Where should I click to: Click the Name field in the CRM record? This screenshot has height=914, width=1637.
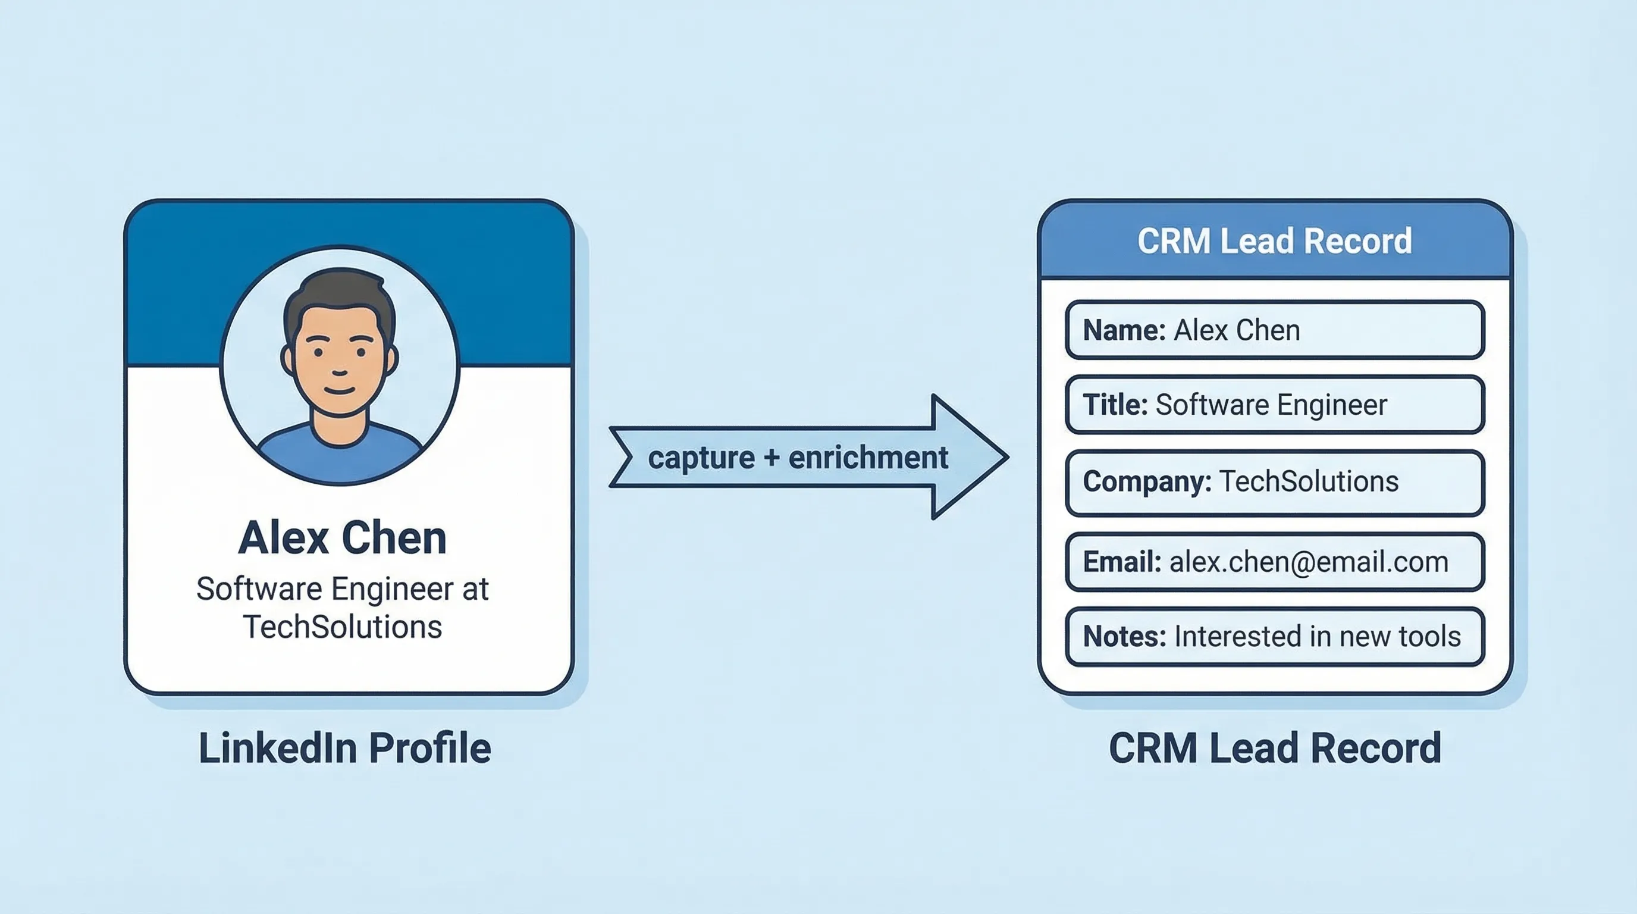pyautogui.click(x=1274, y=330)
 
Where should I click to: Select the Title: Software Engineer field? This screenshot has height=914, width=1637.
pyautogui.click(x=1274, y=405)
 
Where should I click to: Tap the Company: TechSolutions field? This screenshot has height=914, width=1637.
pyautogui.click(x=1274, y=482)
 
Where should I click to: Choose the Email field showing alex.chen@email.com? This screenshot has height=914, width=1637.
pyautogui.click(x=1274, y=562)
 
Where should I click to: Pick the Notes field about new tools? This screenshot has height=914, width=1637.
pyautogui.click(x=1274, y=636)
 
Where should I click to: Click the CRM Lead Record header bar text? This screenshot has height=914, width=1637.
pyautogui.click(x=1274, y=241)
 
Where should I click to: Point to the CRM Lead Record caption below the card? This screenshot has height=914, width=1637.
pyautogui.click(x=1274, y=748)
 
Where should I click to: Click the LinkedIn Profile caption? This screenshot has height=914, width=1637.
pyautogui.click(x=344, y=748)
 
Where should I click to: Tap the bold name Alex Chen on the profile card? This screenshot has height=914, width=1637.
pyautogui.click(x=342, y=539)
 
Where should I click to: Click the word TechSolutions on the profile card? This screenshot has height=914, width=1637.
pyautogui.click(x=342, y=627)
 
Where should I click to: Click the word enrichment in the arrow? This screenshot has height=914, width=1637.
pyautogui.click(x=868, y=458)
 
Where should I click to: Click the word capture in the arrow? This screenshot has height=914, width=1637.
pyautogui.click(x=701, y=458)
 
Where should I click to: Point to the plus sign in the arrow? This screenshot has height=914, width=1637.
pyautogui.click(x=772, y=458)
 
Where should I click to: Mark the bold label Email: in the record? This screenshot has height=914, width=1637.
pyautogui.click(x=1122, y=562)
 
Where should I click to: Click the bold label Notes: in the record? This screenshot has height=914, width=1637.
pyautogui.click(x=1124, y=636)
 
